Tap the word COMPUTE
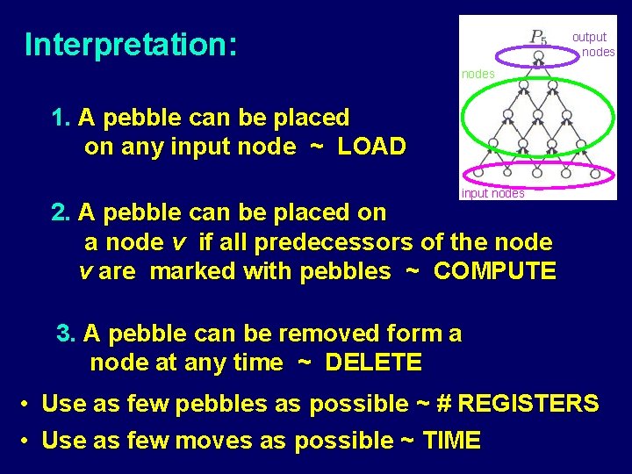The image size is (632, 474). coord(495,271)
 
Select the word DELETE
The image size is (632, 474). coord(373,362)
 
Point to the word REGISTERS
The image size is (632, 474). coord(529,404)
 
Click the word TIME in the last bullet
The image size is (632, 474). coord(451,440)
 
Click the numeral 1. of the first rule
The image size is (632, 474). coord(61,118)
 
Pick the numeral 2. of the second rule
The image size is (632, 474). coord(61,212)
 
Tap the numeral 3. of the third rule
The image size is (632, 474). coord(67,334)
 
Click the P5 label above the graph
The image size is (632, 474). coord(538,37)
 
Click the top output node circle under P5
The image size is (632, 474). coord(539,55)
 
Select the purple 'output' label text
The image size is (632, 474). coord(589,37)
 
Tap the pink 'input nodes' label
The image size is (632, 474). coord(492,193)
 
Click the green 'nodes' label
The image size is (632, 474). coord(478,75)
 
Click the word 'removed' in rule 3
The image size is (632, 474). coord(328,334)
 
